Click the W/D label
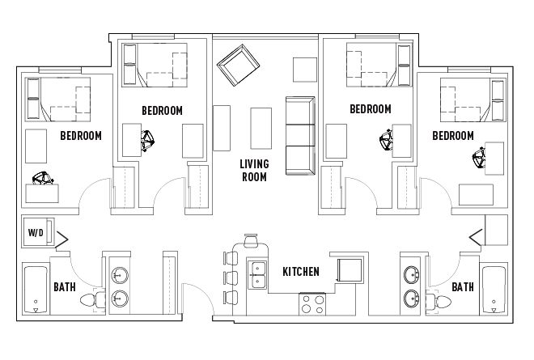click(x=36, y=233)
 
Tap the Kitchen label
click(x=301, y=272)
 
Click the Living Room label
click(x=254, y=171)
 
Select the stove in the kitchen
click(x=312, y=304)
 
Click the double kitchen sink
click(x=257, y=275)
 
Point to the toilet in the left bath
click(x=93, y=300)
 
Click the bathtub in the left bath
click(x=36, y=290)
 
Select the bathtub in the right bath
click(x=494, y=290)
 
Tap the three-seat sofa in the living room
click(x=300, y=136)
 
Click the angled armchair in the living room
click(x=238, y=65)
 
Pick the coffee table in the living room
click(x=261, y=129)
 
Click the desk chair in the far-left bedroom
click(x=43, y=178)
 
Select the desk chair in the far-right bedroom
click(x=478, y=158)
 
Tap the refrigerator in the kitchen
click(x=350, y=269)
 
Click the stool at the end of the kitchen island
click(x=251, y=240)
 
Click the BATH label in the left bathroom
click(x=65, y=287)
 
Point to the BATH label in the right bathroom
click(x=463, y=287)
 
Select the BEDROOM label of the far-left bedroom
click(x=81, y=136)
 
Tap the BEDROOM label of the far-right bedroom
click(x=453, y=136)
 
